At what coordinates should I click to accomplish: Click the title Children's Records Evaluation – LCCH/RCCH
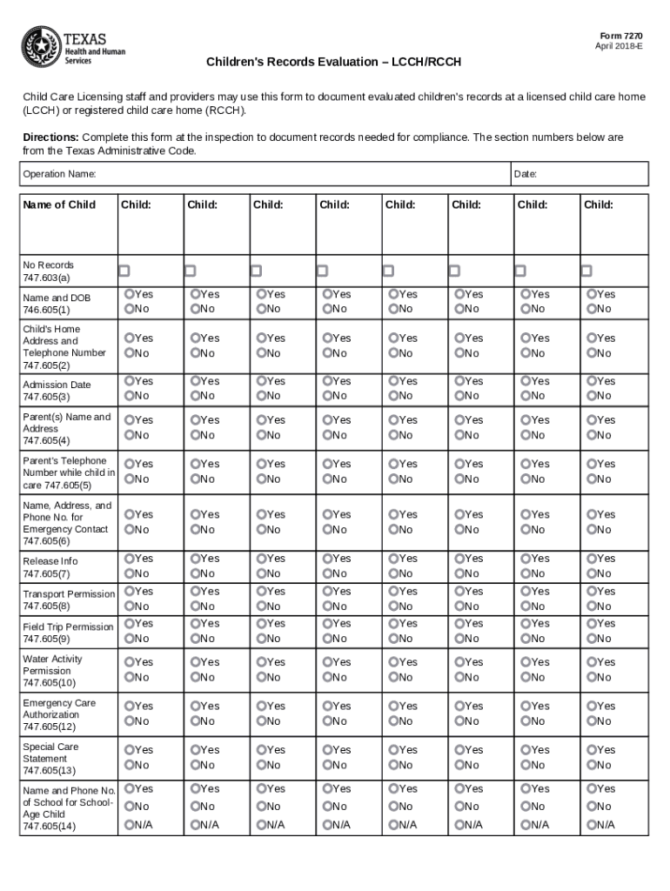pos(333,63)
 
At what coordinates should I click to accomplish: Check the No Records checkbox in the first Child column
pos(124,271)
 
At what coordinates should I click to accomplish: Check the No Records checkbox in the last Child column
pos(586,271)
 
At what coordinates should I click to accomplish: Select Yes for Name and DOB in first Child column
pos(130,294)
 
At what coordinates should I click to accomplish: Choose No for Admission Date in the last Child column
pos(592,396)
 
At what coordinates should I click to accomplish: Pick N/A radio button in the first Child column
pos(130,824)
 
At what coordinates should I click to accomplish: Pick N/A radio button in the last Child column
pos(592,824)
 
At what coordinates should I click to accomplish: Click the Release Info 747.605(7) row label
pos(50,567)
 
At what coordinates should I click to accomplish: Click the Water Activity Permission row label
pos(53,671)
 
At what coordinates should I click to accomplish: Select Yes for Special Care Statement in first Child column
pos(130,749)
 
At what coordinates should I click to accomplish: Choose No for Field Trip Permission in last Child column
pos(592,639)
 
